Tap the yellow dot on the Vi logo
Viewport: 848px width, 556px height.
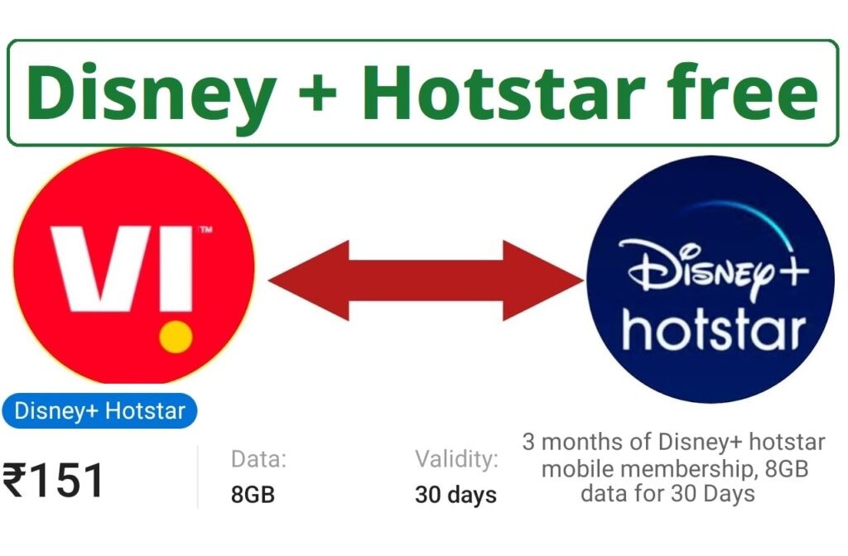pos(176,337)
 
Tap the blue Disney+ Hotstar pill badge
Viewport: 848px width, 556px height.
pos(99,410)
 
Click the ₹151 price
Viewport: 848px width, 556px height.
pos(55,481)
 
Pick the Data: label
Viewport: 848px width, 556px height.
pos(258,458)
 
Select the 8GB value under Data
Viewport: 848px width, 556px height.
pos(253,495)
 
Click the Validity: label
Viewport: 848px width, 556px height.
pos(456,458)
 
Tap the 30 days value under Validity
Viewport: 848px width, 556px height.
pos(455,495)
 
